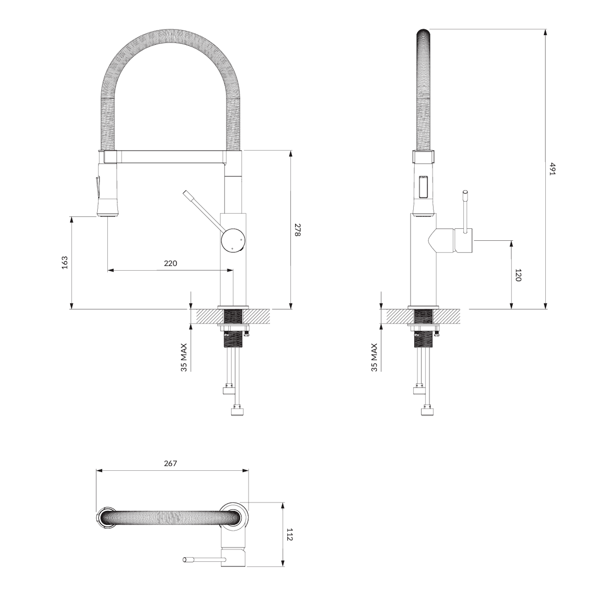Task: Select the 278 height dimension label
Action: pos(297,229)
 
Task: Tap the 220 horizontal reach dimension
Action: pos(170,263)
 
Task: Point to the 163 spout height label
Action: pos(65,263)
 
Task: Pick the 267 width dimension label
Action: pos(170,463)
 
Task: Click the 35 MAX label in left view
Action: pos(184,357)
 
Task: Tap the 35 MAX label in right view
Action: pos(374,357)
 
